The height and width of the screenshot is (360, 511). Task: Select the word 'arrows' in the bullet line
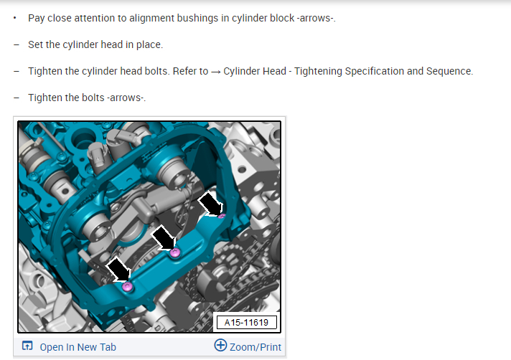pyautogui.click(x=316, y=18)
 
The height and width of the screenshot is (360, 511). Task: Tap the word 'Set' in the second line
pyautogui.click(x=35, y=44)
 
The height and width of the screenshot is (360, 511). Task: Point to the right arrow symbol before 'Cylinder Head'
pyautogui.click(x=216, y=72)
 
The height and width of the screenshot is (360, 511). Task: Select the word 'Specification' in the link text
pyautogui.click(x=372, y=71)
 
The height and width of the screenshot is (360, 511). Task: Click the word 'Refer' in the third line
pyautogui.click(x=185, y=71)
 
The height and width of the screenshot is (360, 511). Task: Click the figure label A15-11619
pyautogui.click(x=246, y=323)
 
